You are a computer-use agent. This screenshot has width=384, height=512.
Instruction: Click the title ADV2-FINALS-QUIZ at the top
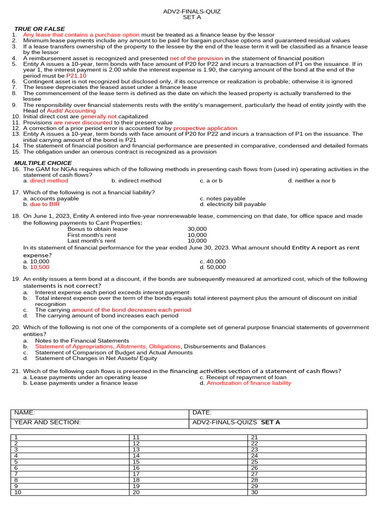coord(192,11)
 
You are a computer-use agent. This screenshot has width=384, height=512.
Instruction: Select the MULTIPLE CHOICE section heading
coord(42,163)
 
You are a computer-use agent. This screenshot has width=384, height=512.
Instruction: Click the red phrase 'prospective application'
coord(205,128)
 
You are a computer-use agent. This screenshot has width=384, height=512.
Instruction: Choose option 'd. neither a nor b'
coord(311,180)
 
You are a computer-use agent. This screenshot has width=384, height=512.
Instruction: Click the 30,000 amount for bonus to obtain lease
coord(197,229)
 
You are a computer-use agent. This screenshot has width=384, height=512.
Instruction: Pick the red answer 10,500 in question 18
coord(39,267)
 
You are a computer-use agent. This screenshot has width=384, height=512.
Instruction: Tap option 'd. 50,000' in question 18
coord(212,267)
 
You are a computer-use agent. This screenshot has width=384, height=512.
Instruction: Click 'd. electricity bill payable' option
coord(232,204)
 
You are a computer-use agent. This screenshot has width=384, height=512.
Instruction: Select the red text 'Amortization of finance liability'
coord(248,383)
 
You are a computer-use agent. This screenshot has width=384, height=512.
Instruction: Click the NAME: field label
coord(24,412)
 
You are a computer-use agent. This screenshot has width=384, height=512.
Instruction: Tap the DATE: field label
coord(202,412)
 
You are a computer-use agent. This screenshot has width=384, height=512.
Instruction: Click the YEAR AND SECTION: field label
coord(47,422)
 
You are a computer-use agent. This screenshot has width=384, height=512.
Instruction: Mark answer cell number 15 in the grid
coord(136,461)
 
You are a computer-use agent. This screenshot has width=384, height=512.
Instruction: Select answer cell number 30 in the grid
coord(254,492)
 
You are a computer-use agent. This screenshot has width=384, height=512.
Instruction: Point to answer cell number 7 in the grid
coord(16,473)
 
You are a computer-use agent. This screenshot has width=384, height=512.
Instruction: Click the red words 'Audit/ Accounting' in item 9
coord(71,110)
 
